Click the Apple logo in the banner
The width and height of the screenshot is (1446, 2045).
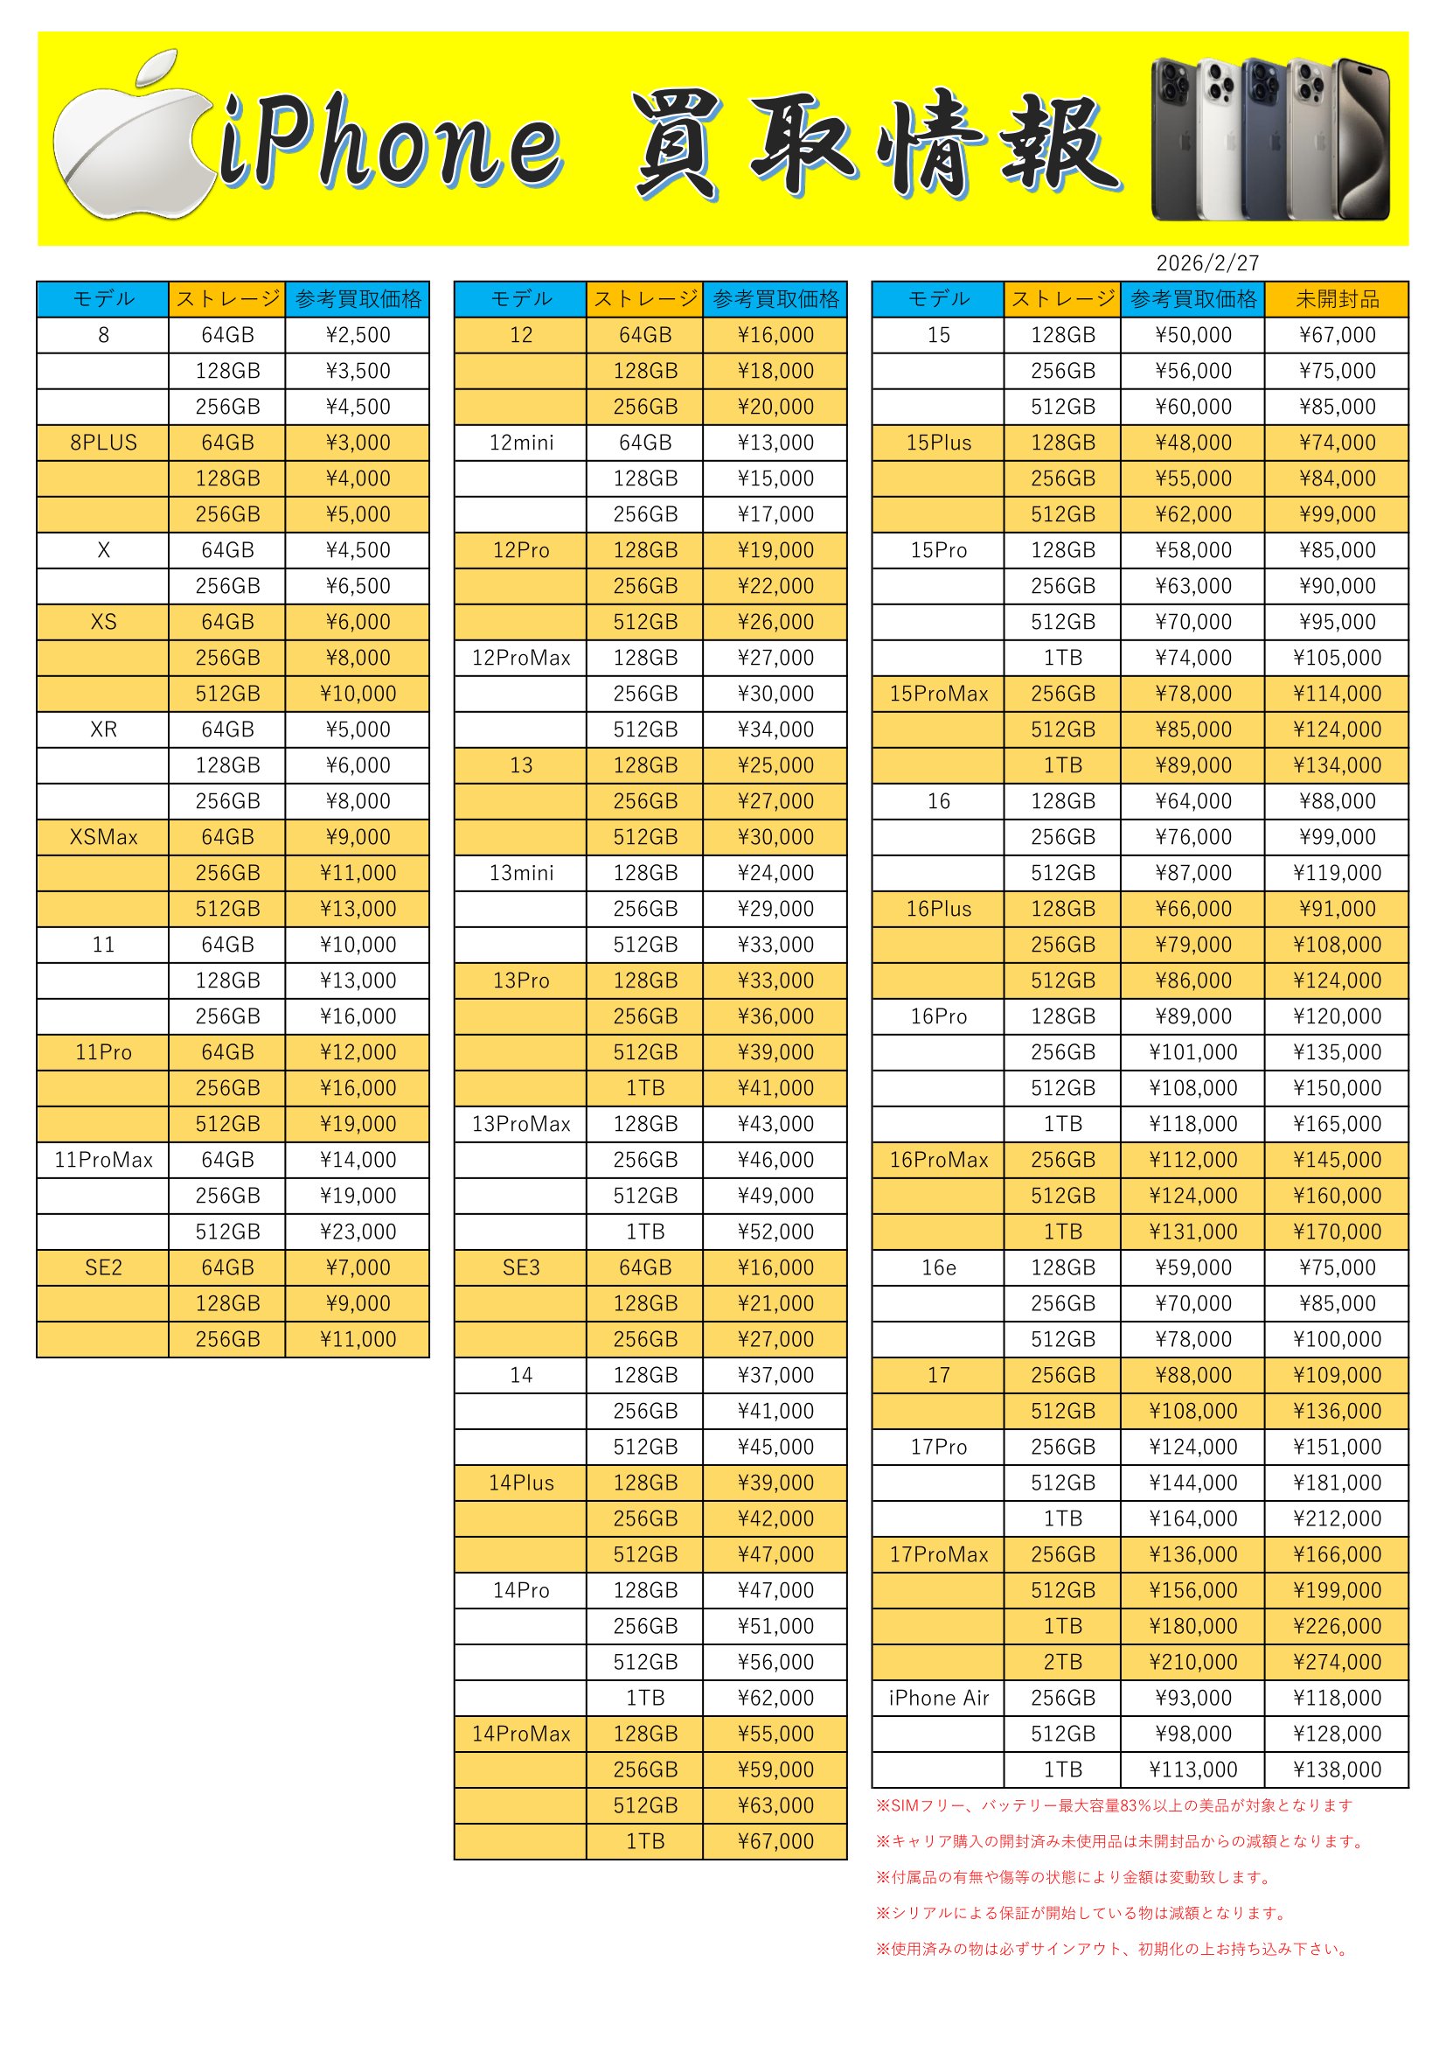tap(134, 143)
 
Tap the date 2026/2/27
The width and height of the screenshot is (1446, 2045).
tap(1207, 263)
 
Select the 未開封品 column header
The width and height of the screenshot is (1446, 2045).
tap(1337, 299)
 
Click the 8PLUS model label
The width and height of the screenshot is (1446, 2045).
tap(103, 443)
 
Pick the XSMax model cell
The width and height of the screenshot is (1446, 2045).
tap(103, 837)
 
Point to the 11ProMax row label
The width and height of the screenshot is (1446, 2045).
tap(103, 1160)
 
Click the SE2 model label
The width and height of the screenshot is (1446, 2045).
tap(103, 1267)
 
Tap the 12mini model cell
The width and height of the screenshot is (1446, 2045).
tap(521, 443)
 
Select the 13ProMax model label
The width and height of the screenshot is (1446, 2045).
tap(521, 1124)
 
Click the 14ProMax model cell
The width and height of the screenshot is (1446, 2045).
tap(521, 1734)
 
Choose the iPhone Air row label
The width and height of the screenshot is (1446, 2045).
tap(938, 1698)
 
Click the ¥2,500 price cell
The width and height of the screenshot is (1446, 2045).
tap(358, 335)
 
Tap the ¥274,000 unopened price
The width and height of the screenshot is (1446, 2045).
tap(1337, 1662)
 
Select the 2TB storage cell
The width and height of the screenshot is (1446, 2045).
tap(1062, 1662)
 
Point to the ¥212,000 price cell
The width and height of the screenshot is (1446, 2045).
tap(1337, 1518)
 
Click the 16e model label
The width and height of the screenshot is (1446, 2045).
tap(938, 1267)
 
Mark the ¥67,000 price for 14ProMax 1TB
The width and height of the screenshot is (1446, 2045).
tap(775, 1841)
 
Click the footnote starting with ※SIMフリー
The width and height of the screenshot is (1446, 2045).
tap(1114, 1805)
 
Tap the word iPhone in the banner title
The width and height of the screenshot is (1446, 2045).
tap(392, 143)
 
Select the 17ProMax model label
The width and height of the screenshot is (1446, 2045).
tap(938, 1554)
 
